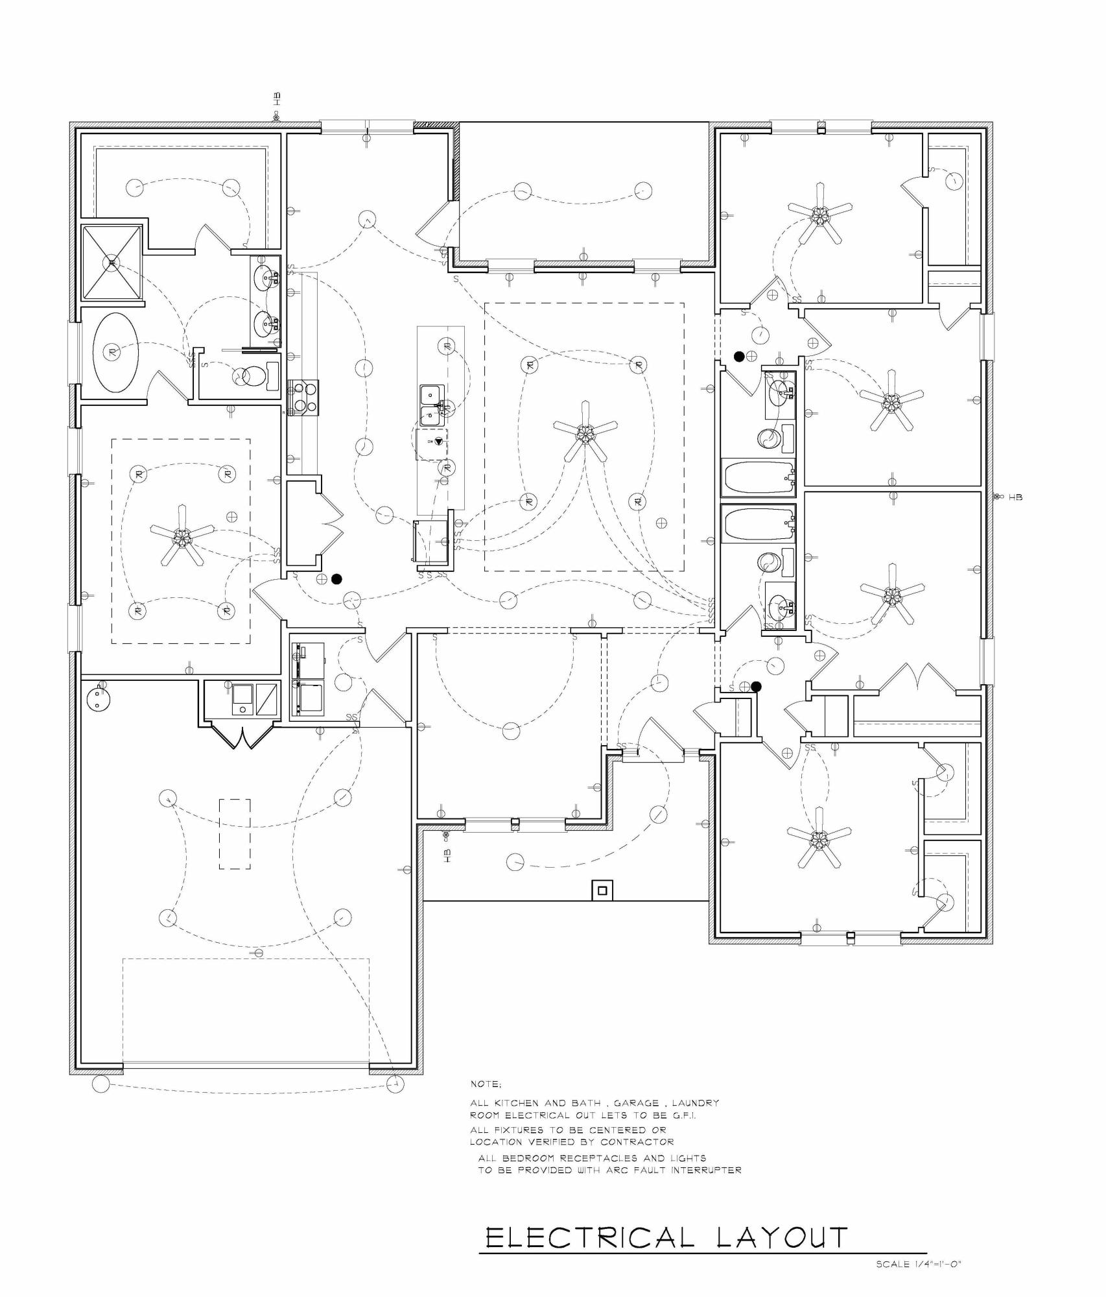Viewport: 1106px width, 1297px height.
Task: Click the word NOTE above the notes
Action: coord(486,1084)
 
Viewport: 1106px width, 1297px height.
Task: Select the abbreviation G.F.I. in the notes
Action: coord(681,1115)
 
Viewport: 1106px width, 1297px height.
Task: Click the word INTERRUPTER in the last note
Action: coord(706,1170)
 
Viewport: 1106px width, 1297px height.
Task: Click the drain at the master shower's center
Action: coord(112,262)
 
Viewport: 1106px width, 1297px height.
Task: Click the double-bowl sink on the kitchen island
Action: coord(431,405)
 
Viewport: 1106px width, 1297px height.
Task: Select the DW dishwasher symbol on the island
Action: coord(434,442)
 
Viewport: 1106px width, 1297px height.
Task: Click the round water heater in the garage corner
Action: coord(99,697)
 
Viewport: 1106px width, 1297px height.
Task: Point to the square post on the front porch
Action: coord(602,890)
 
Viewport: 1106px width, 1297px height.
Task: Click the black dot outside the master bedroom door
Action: coord(336,579)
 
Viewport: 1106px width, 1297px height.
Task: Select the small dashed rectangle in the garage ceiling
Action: coord(235,834)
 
